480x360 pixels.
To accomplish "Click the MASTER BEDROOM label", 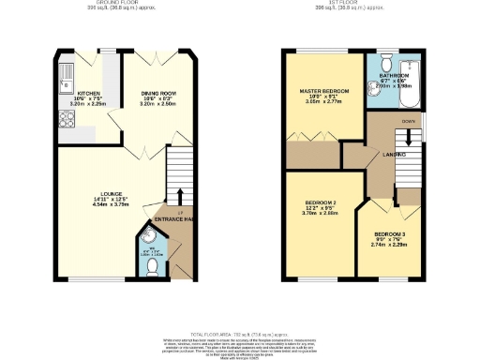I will (323, 91).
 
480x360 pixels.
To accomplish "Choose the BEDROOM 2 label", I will (320, 202).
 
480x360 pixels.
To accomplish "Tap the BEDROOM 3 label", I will (389, 233).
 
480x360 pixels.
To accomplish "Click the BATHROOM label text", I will (394, 74).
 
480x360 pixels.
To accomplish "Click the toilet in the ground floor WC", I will (151, 266).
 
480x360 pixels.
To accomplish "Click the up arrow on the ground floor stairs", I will (180, 198).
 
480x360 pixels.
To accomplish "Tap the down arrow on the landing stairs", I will (407, 137).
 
